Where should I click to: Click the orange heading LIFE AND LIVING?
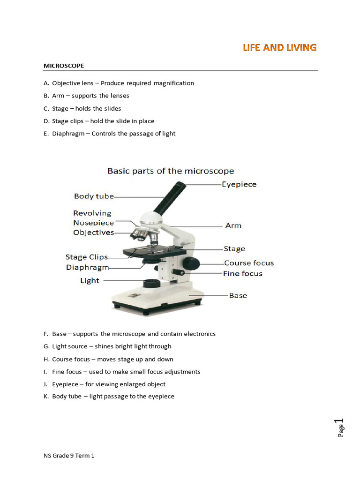click(279, 47)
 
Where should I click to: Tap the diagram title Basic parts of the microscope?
click(171, 171)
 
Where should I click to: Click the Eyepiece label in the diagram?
click(240, 184)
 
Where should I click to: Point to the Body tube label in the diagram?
click(94, 196)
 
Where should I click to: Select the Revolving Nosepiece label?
click(93, 218)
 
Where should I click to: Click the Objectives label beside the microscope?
click(93, 232)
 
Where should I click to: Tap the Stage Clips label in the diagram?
click(86, 257)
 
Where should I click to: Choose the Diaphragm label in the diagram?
click(87, 268)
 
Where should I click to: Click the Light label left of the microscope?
click(90, 281)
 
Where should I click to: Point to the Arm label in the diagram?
click(233, 225)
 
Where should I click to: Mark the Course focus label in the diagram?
click(248, 263)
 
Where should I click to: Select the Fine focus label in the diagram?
click(242, 273)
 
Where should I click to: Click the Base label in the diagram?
click(238, 295)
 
